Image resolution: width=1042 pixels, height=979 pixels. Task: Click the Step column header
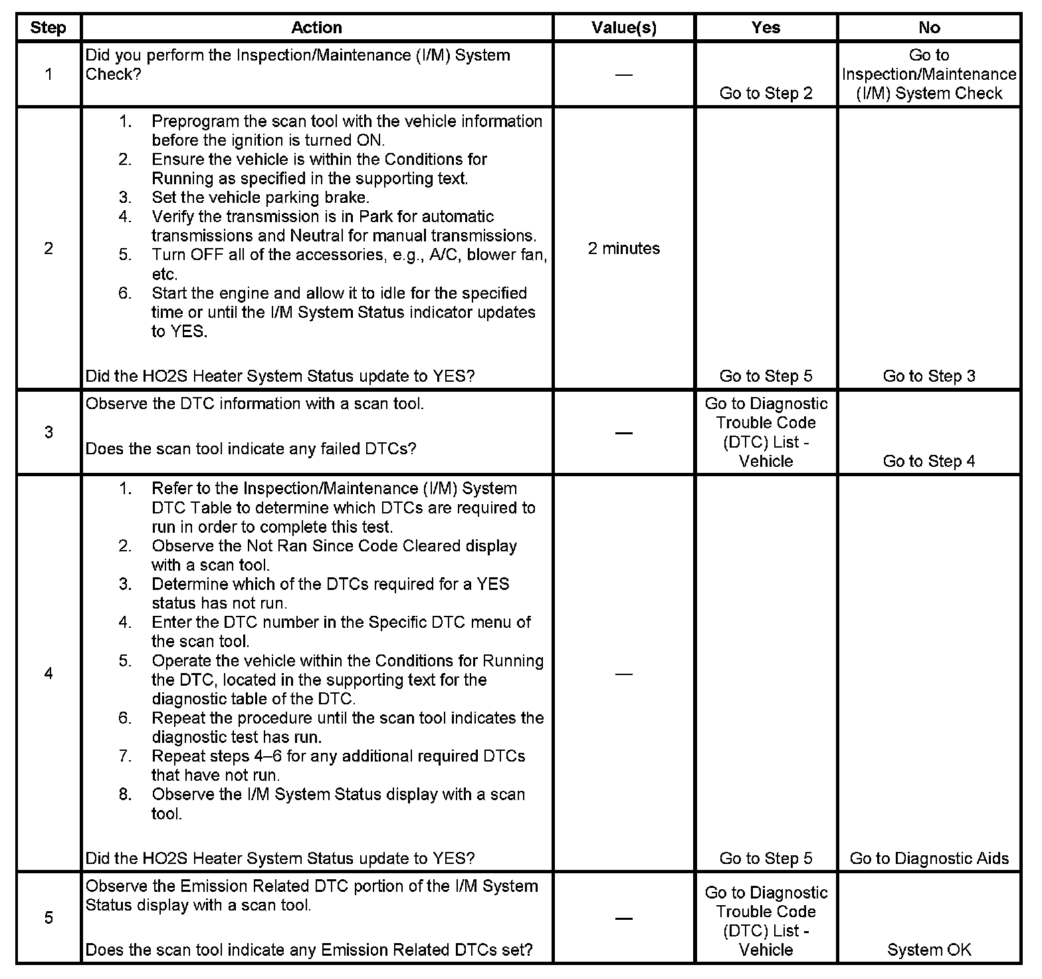(49, 28)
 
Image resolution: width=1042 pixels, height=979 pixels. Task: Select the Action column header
(316, 28)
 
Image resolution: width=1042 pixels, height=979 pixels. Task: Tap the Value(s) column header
(623, 28)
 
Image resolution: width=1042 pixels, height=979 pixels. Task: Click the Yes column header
(766, 28)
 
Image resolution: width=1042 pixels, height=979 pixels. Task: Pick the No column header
(928, 28)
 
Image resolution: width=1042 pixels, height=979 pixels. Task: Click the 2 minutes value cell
(623, 249)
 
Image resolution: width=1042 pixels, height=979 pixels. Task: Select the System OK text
(928, 950)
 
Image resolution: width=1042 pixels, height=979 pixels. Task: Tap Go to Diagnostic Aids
(928, 859)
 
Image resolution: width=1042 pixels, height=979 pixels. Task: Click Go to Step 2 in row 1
(766, 93)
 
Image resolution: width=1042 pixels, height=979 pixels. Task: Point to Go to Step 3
(928, 376)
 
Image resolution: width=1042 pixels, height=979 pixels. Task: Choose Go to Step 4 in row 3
(928, 462)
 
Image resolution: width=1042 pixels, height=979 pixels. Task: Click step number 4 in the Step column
(49, 674)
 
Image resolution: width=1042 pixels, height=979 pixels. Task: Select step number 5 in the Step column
(49, 918)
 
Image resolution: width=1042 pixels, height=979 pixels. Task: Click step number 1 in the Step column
(49, 74)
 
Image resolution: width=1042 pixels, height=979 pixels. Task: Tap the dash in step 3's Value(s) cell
(623, 433)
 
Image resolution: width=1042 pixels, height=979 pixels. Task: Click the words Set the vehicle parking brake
(260, 198)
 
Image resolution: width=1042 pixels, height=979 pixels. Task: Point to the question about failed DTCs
(251, 449)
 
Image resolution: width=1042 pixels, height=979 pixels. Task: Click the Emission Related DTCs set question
(309, 950)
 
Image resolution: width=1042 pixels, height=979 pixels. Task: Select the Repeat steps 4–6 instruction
(338, 757)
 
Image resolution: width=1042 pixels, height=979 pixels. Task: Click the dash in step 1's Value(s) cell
(623, 74)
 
